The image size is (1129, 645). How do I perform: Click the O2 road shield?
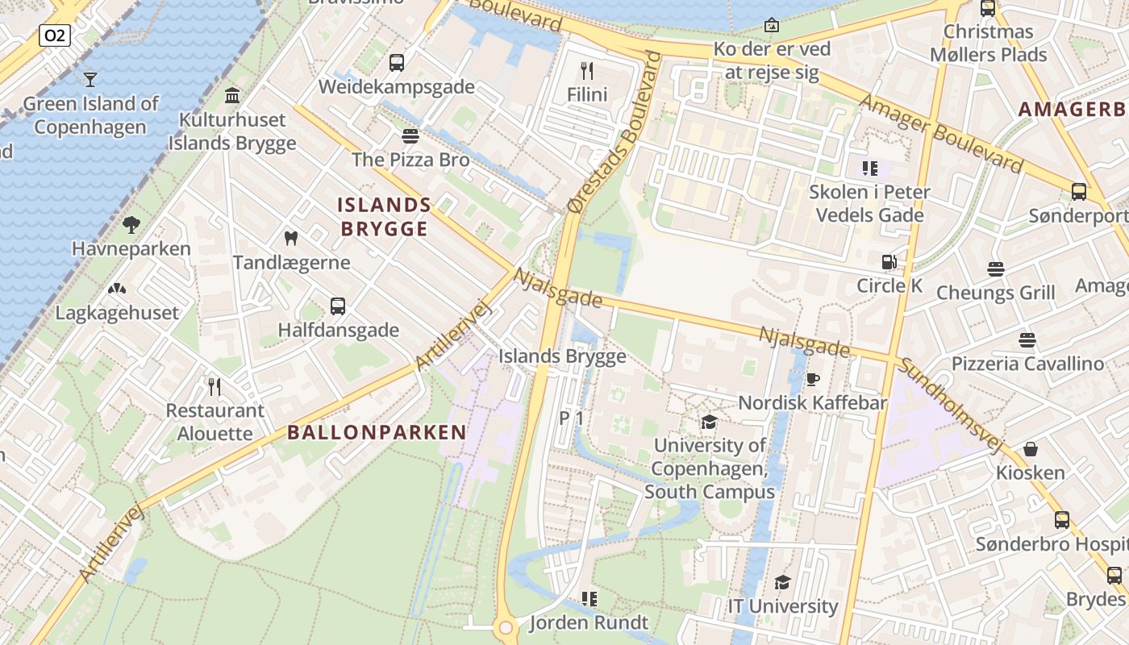55,35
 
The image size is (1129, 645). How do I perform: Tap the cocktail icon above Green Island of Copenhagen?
90,79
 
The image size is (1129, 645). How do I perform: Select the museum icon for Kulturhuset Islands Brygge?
232,96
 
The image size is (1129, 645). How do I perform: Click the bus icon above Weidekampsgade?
396,62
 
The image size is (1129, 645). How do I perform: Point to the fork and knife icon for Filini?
587,71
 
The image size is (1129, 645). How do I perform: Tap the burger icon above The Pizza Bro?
410,135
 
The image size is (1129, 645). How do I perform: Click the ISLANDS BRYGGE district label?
384,217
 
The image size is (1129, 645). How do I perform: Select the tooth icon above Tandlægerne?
291,239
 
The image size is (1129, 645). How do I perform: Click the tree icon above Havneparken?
131,225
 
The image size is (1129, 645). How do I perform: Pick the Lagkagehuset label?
117,313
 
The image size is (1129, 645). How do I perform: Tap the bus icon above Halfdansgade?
338,306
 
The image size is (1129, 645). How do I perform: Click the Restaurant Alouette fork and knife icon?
215,387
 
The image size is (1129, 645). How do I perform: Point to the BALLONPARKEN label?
377,432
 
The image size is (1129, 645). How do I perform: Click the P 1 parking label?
571,418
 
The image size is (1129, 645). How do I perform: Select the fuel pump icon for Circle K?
889,262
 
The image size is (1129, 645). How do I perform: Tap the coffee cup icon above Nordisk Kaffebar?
812,379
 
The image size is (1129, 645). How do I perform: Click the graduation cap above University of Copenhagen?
709,422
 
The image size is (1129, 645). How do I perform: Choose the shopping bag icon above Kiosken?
1030,448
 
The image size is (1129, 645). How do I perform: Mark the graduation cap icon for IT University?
782,582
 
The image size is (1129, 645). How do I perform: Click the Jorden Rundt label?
589,622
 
